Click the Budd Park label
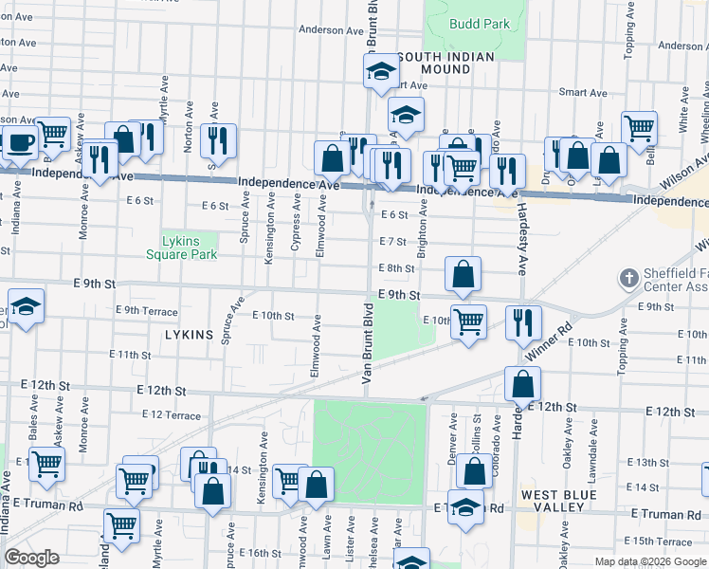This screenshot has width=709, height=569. tap(480, 25)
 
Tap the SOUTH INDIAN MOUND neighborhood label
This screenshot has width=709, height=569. tap(445, 64)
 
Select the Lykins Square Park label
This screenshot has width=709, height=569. tap(182, 248)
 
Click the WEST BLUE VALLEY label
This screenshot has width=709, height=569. tap(558, 502)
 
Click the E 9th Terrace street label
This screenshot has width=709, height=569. tap(146, 310)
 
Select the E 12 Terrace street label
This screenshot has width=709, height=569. tap(172, 415)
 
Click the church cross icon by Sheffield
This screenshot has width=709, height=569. tap(627, 279)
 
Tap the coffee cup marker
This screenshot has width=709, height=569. tap(20, 143)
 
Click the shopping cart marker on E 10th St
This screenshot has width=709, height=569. tap(468, 322)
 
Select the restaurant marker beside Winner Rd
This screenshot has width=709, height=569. tap(523, 323)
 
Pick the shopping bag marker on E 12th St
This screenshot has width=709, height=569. tap(522, 384)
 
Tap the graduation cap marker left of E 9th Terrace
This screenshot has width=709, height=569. tap(26, 307)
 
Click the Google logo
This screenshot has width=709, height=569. tap(31, 558)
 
